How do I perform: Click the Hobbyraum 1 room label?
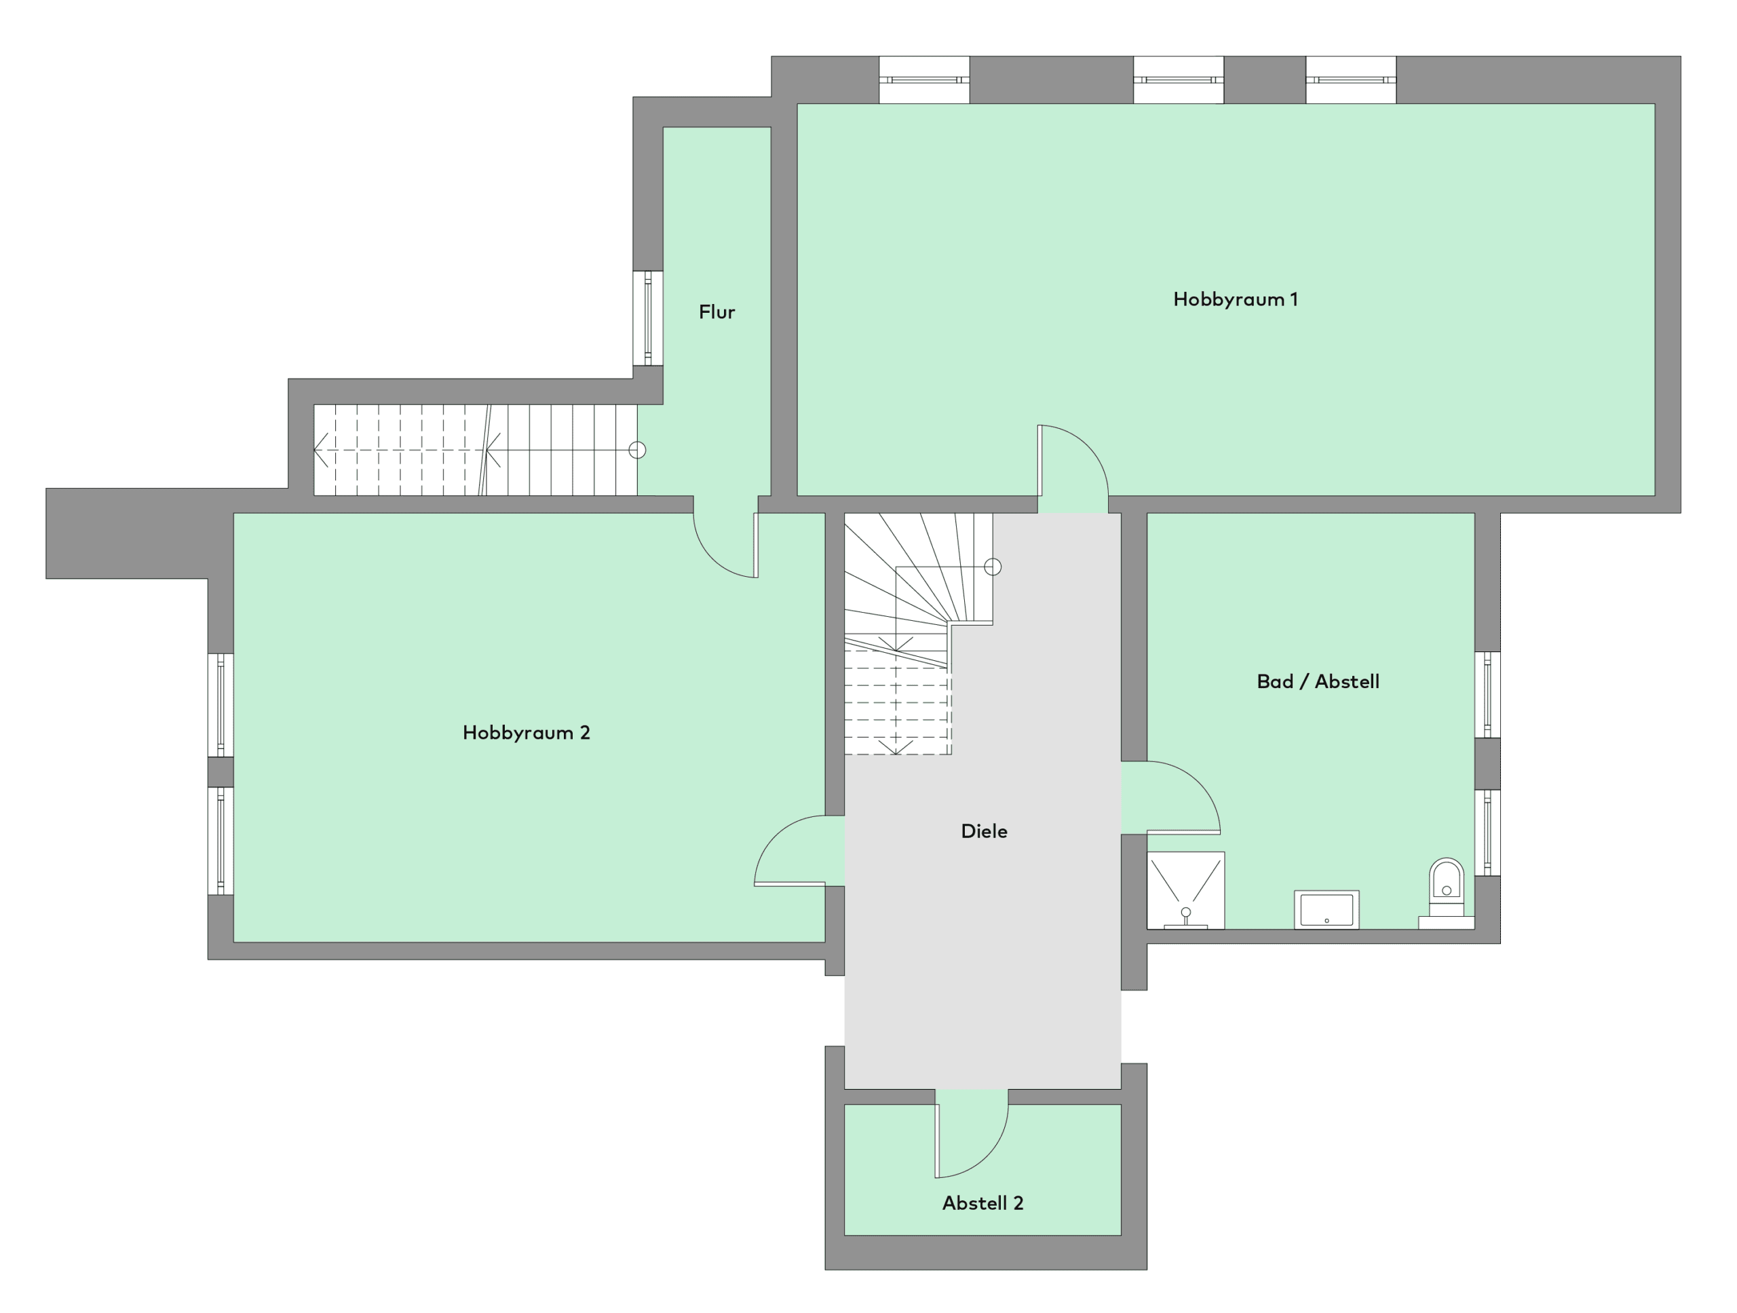pyautogui.click(x=1235, y=299)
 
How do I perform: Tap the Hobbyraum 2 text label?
pyautogui.click(x=526, y=733)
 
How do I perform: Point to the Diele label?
pyautogui.click(x=984, y=831)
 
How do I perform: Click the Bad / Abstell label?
pyautogui.click(x=1318, y=682)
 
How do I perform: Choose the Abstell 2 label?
pyautogui.click(x=982, y=1203)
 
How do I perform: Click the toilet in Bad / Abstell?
pyautogui.click(x=1447, y=893)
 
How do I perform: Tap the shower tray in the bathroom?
pyautogui.click(x=1186, y=890)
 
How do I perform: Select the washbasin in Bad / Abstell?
pyautogui.click(x=1326, y=909)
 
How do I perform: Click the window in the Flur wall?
pyautogui.click(x=648, y=318)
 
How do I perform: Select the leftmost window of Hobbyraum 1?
pyautogui.click(x=924, y=79)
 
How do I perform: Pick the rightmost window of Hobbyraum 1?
pyautogui.click(x=1351, y=79)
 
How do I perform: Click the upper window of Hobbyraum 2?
pyautogui.click(x=221, y=705)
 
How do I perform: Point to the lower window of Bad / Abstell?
pyautogui.click(x=1487, y=833)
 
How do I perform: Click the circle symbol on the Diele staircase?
pyautogui.click(x=993, y=567)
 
